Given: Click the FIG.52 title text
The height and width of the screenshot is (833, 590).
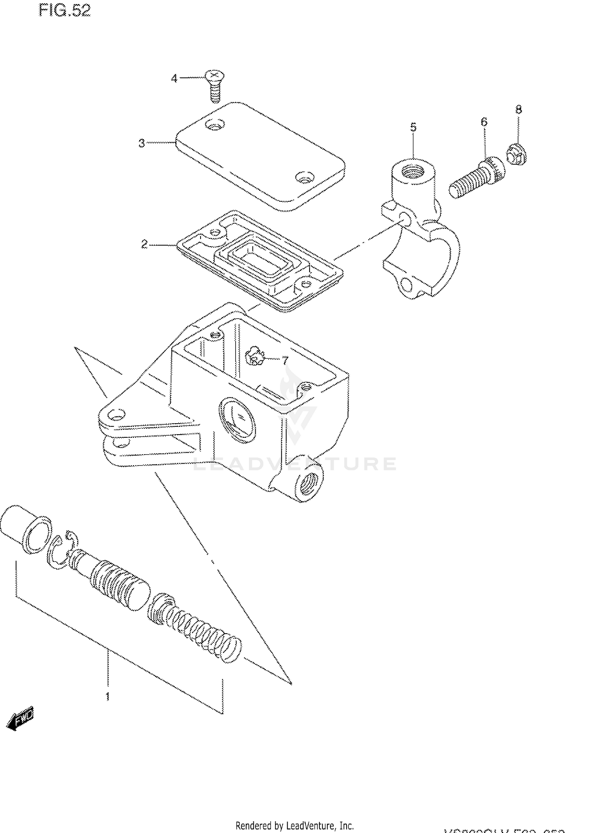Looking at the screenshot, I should [65, 11].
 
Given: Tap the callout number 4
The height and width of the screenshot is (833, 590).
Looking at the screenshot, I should [174, 79].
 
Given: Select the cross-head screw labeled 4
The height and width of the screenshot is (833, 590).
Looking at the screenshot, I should [214, 85].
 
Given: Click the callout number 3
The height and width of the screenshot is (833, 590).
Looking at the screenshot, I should [142, 144].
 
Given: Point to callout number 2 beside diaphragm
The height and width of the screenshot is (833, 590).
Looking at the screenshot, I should [144, 245].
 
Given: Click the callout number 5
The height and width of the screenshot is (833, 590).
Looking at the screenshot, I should [413, 127].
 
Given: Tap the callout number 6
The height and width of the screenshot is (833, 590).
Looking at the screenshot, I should [484, 122].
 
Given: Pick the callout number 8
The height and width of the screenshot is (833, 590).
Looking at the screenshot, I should [519, 110].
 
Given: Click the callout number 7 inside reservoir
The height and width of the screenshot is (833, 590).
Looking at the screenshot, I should [285, 360].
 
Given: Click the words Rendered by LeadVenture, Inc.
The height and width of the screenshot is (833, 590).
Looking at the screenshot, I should [295, 825].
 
